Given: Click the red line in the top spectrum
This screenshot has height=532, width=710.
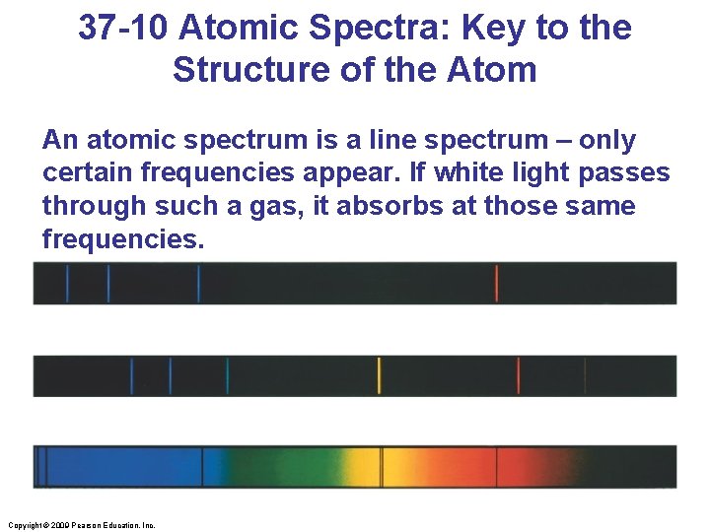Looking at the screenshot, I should click(x=496, y=283).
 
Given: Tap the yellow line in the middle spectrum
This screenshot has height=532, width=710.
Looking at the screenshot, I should click(x=379, y=375).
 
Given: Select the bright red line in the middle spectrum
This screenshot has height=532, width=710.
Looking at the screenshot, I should click(x=519, y=375).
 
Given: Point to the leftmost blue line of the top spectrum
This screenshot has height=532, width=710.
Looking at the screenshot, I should click(x=67, y=283).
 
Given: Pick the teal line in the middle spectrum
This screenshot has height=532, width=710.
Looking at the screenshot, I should click(x=228, y=375).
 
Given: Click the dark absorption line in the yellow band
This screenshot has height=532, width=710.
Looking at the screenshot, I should click(x=383, y=466).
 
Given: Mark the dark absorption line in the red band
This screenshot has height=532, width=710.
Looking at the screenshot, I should click(x=497, y=466).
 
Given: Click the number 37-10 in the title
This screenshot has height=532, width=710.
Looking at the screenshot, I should click(x=124, y=28).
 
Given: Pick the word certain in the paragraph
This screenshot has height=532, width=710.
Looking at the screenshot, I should click(x=87, y=173).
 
